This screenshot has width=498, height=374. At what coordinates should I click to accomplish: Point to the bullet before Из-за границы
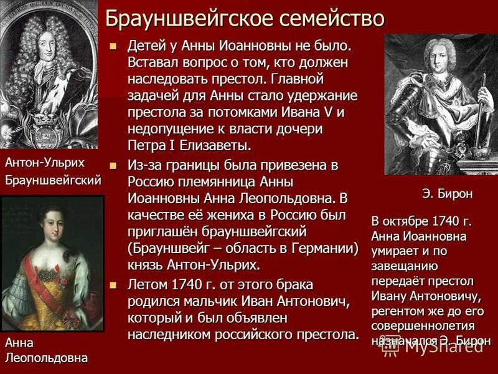(113, 166)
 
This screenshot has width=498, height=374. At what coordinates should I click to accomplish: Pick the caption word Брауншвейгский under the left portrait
(52, 181)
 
